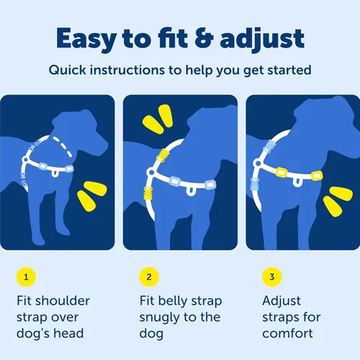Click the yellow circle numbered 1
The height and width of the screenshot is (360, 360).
[x=26, y=276]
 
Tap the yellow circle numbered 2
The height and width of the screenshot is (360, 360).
[x=149, y=276]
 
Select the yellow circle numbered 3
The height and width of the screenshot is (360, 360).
[x=271, y=276]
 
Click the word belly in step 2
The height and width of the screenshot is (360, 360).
[x=184, y=301]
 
